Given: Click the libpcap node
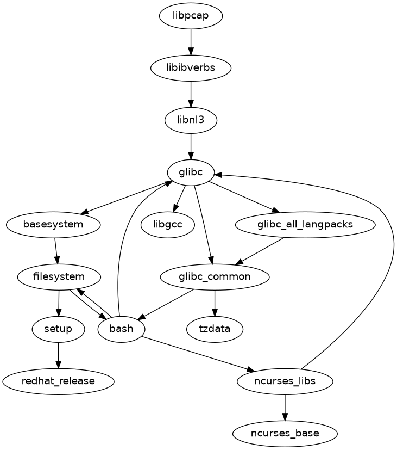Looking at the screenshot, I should point(191,16).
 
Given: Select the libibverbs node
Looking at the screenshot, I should point(191,68).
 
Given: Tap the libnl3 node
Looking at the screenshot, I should point(191,120).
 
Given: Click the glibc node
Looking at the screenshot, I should point(191,172).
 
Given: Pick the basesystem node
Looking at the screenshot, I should point(53,224).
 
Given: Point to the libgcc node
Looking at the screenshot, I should point(167,224).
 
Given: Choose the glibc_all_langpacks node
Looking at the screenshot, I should point(305,224).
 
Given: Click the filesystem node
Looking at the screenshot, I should point(59,276).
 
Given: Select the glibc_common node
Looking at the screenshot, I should point(215,276).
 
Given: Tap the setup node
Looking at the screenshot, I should point(59,329).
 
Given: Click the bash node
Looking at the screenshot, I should point(122,329).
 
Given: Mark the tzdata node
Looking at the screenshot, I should point(215,329).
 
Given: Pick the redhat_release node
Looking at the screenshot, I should point(59,381).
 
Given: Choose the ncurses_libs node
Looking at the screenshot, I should point(285,381).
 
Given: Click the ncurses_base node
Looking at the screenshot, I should point(285,433).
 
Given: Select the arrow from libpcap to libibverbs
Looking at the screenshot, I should point(191,42).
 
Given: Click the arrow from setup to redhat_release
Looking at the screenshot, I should point(59,355).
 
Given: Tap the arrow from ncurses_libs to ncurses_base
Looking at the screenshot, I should point(285,407).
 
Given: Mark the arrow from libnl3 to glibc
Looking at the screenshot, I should point(191,146).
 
